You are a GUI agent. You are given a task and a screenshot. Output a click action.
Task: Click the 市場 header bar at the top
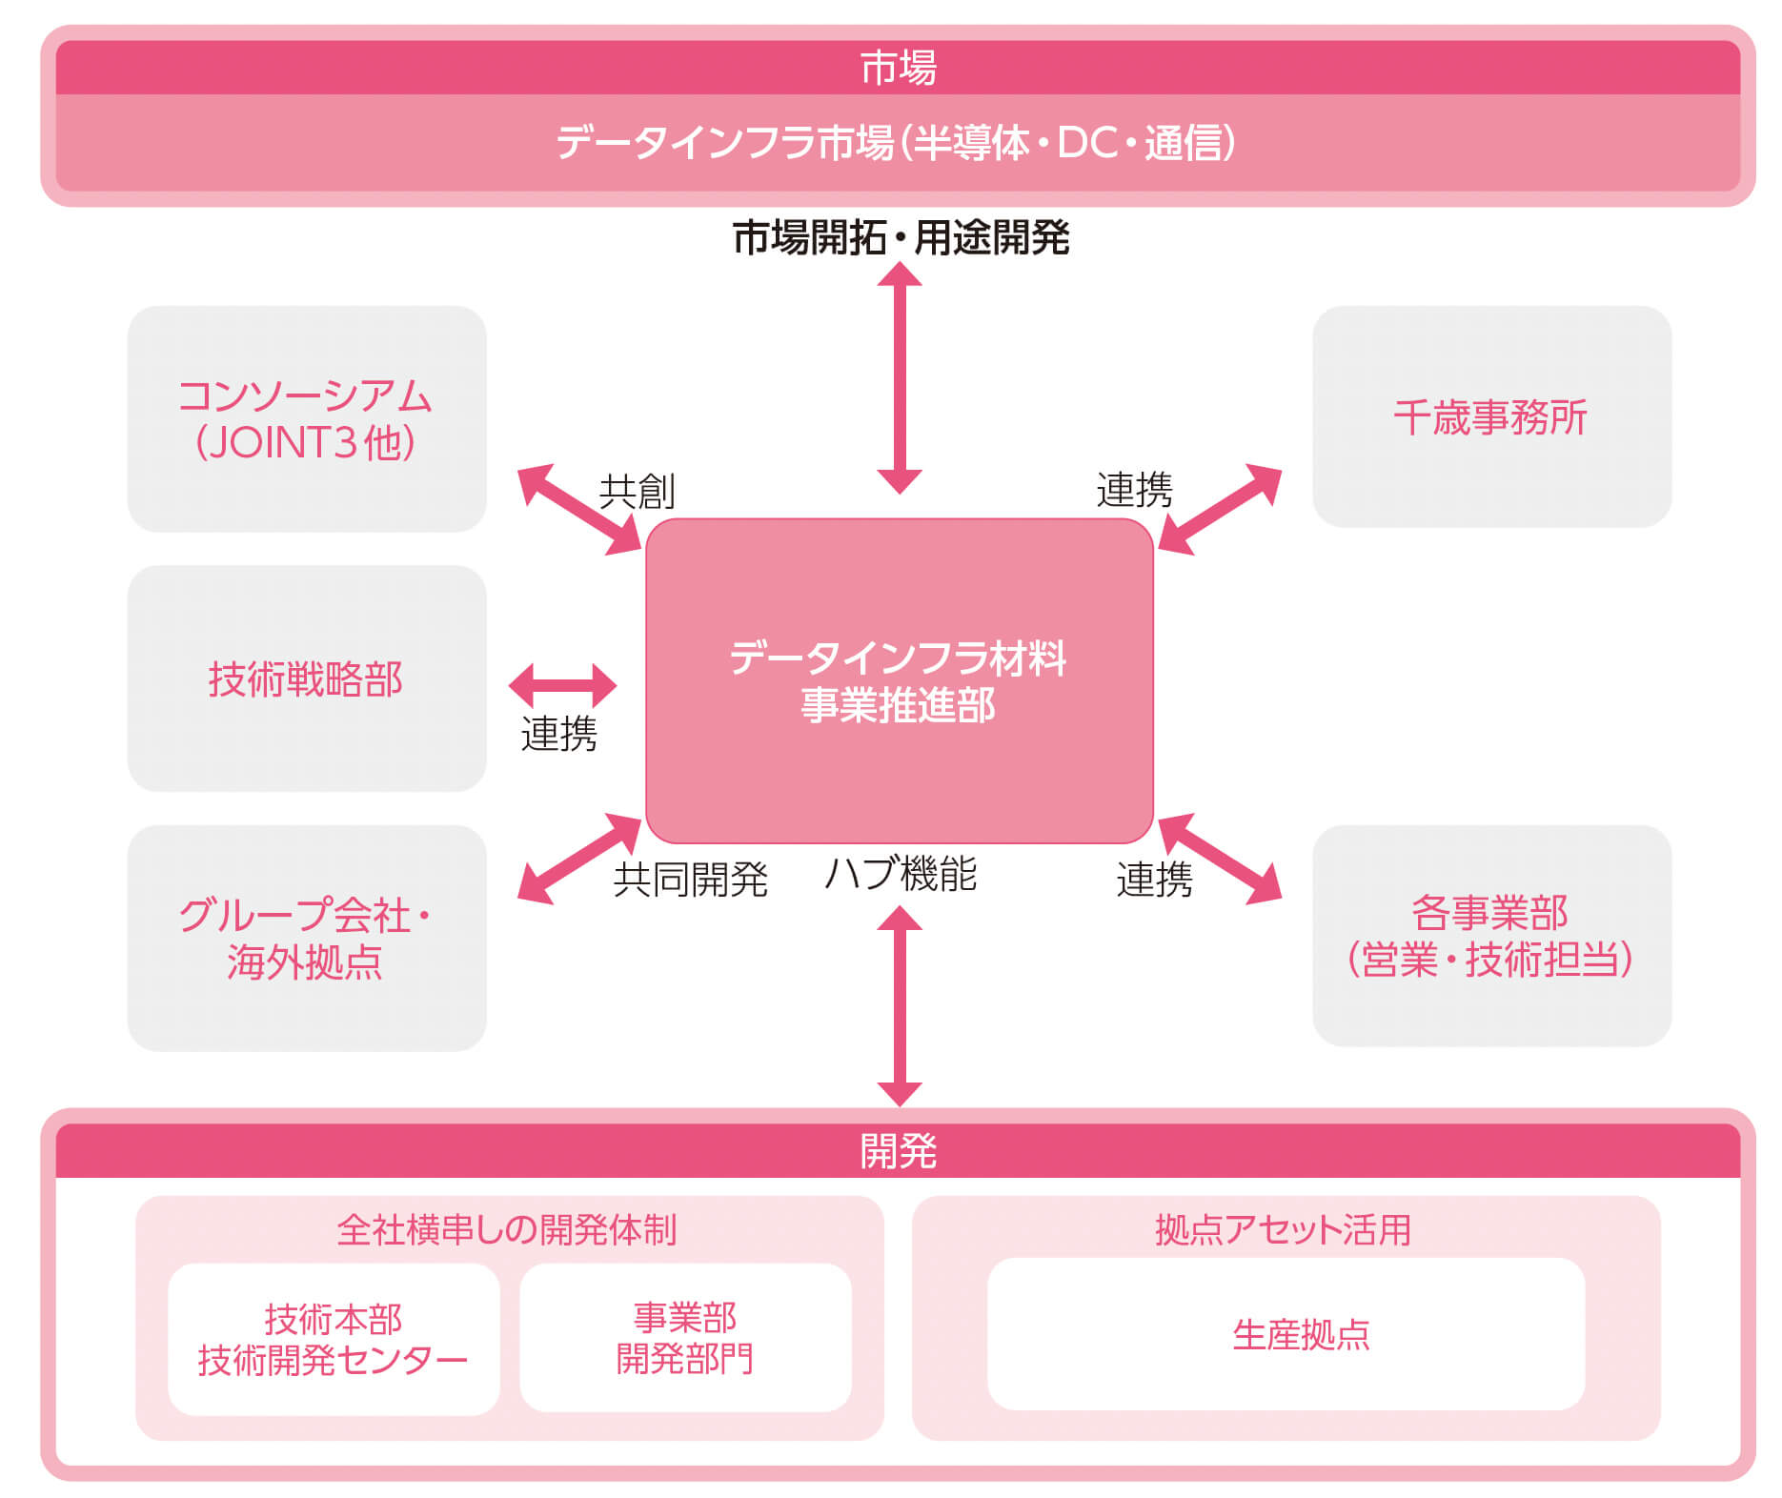click(898, 68)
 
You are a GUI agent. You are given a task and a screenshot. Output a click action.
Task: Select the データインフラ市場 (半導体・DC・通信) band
click(898, 143)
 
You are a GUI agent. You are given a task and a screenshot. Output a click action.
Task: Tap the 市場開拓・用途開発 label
click(901, 237)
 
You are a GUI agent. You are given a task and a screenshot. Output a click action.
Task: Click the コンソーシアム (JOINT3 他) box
click(307, 418)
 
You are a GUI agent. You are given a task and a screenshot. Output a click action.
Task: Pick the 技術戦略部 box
click(307, 678)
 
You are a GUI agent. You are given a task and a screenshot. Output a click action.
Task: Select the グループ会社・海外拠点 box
click(307, 938)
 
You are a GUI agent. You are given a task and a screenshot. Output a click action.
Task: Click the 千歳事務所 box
click(1491, 416)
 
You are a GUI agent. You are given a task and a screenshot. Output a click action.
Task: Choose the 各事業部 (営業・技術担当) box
click(1491, 936)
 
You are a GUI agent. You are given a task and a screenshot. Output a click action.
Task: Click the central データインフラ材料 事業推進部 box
click(900, 681)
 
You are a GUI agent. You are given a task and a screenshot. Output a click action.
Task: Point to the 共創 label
click(637, 492)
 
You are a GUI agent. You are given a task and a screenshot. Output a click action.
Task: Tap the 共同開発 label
click(691, 879)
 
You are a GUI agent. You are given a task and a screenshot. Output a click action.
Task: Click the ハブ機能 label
click(901, 874)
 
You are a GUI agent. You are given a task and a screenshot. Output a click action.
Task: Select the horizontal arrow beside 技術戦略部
click(563, 685)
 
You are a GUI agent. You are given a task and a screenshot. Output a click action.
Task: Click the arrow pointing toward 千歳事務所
click(1220, 510)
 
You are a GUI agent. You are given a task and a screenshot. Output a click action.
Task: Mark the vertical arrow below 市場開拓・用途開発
click(900, 377)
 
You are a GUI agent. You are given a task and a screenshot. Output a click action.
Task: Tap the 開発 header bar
click(898, 1151)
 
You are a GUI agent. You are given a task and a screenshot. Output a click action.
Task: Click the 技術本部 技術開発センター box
click(334, 1339)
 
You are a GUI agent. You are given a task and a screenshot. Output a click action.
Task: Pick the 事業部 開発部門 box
click(685, 1337)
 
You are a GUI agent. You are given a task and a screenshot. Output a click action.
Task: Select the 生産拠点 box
click(1286, 1334)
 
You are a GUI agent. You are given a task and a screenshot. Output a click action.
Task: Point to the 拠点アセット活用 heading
click(1283, 1229)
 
